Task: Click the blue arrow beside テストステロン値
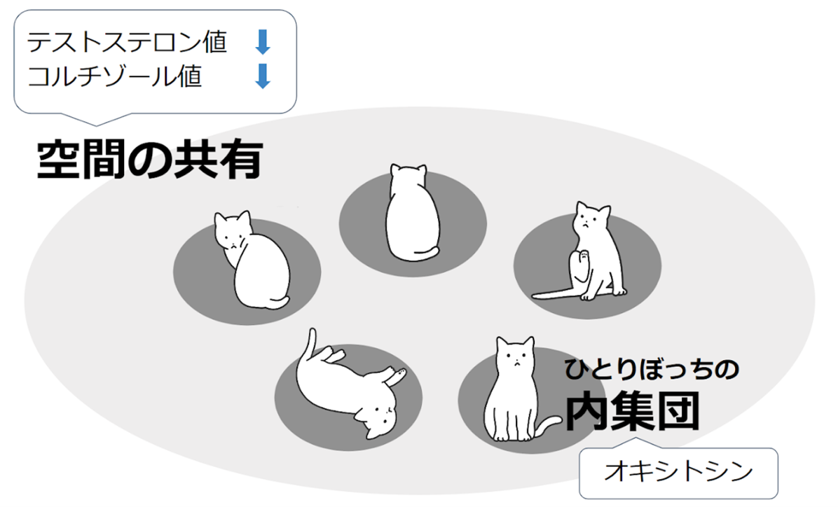coord(263,42)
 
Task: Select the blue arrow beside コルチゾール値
coord(263,76)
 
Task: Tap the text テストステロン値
coord(128,42)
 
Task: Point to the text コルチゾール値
coord(114,76)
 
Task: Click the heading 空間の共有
coord(150,159)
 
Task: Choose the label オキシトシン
coord(678,472)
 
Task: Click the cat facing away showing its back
coord(413,213)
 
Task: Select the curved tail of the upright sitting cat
coord(549,425)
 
